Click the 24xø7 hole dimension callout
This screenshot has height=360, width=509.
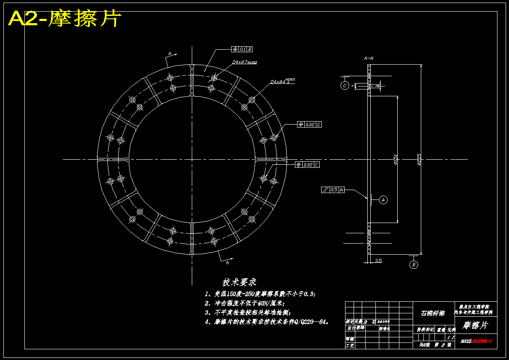tap(244, 62)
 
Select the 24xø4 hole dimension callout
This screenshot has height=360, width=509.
tap(283, 81)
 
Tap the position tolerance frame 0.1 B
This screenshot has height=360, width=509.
tap(242, 49)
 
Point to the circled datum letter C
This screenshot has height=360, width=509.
tap(345, 86)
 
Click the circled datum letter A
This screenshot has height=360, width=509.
tap(383, 199)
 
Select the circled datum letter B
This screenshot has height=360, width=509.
tap(414, 265)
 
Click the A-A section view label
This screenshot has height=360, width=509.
tap(368, 58)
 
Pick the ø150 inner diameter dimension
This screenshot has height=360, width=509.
tap(396, 159)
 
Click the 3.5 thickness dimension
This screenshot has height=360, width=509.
tap(378, 260)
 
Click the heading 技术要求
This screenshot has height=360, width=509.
tap(239, 283)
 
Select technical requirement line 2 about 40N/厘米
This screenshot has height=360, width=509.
tap(247, 303)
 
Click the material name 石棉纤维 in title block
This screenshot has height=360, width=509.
tap(433, 313)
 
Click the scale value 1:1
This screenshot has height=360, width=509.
tap(450, 337)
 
